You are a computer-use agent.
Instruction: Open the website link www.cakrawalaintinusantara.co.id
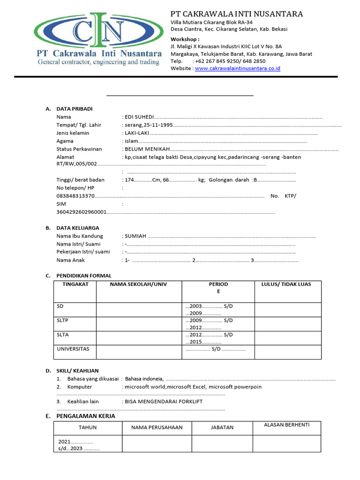[237, 68]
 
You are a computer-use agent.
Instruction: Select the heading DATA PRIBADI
[75, 109]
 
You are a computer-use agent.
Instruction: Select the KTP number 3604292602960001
[81, 212]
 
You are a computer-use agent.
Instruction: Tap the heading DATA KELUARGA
[78, 228]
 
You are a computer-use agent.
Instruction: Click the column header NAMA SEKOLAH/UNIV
[138, 284]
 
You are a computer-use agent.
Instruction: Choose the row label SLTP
[63, 321]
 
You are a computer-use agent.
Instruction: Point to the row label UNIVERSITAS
[73, 349]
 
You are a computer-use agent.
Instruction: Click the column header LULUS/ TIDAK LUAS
[286, 284]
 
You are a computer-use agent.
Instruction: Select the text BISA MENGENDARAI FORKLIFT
[164, 401]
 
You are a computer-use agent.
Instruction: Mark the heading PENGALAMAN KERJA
[86, 416]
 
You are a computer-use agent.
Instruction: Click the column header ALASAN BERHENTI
[286, 425]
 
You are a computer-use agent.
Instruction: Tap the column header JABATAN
[222, 427]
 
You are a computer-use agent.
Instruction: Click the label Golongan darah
[229, 180]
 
